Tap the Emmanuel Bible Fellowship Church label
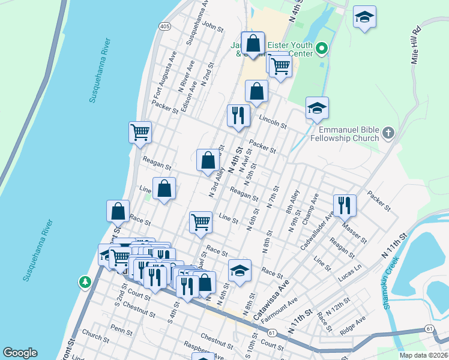pos(349,134)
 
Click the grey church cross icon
pos(388,132)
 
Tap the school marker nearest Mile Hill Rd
pos(364,18)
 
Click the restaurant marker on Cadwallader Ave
pos(345,206)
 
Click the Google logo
pos(20,353)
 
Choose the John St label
pos(212,25)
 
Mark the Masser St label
pos(354,232)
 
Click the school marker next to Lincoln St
pos(317,109)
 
